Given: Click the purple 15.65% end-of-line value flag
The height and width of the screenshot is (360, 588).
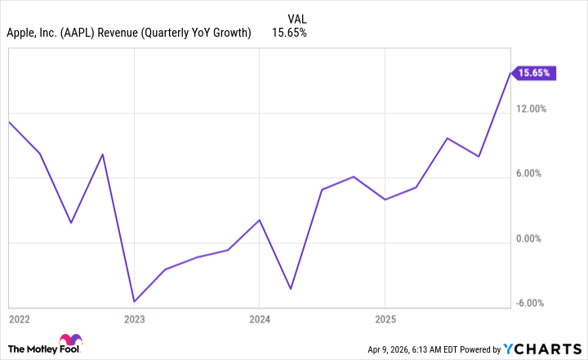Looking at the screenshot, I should click(x=535, y=73).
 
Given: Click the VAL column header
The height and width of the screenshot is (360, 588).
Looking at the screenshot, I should click(x=298, y=18).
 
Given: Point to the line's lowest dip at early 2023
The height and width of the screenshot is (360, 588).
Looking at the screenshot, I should click(x=134, y=301).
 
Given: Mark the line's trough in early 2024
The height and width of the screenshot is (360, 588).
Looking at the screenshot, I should click(x=290, y=289).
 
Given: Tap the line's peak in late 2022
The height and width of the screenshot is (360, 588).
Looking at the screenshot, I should click(x=103, y=154).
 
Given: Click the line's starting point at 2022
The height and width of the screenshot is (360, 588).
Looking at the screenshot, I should click(x=9, y=122).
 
